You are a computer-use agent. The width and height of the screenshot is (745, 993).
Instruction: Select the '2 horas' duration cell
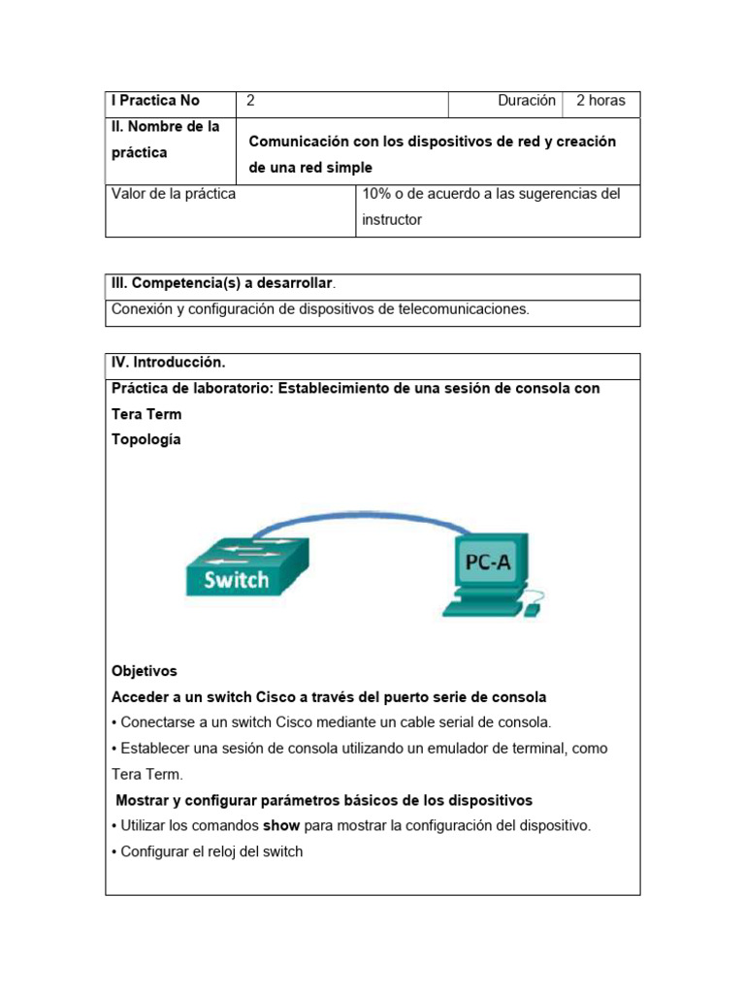[600, 101]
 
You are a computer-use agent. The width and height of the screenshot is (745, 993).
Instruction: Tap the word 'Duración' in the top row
[526, 101]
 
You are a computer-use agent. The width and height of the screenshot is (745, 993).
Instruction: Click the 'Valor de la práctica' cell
[174, 194]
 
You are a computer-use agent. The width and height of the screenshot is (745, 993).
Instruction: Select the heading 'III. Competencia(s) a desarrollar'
[222, 283]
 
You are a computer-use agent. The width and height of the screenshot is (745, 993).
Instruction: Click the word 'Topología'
[146, 439]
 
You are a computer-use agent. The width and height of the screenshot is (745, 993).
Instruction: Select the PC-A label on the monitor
[490, 563]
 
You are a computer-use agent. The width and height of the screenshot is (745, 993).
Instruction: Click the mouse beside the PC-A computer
[532, 611]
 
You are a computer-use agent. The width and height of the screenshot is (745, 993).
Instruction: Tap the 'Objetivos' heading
[145, 671]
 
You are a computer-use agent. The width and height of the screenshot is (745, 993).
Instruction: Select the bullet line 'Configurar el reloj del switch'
[211, 851]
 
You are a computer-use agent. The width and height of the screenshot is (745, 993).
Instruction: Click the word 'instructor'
[392, 220]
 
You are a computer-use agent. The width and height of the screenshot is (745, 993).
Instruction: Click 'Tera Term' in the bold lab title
[146, 414]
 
